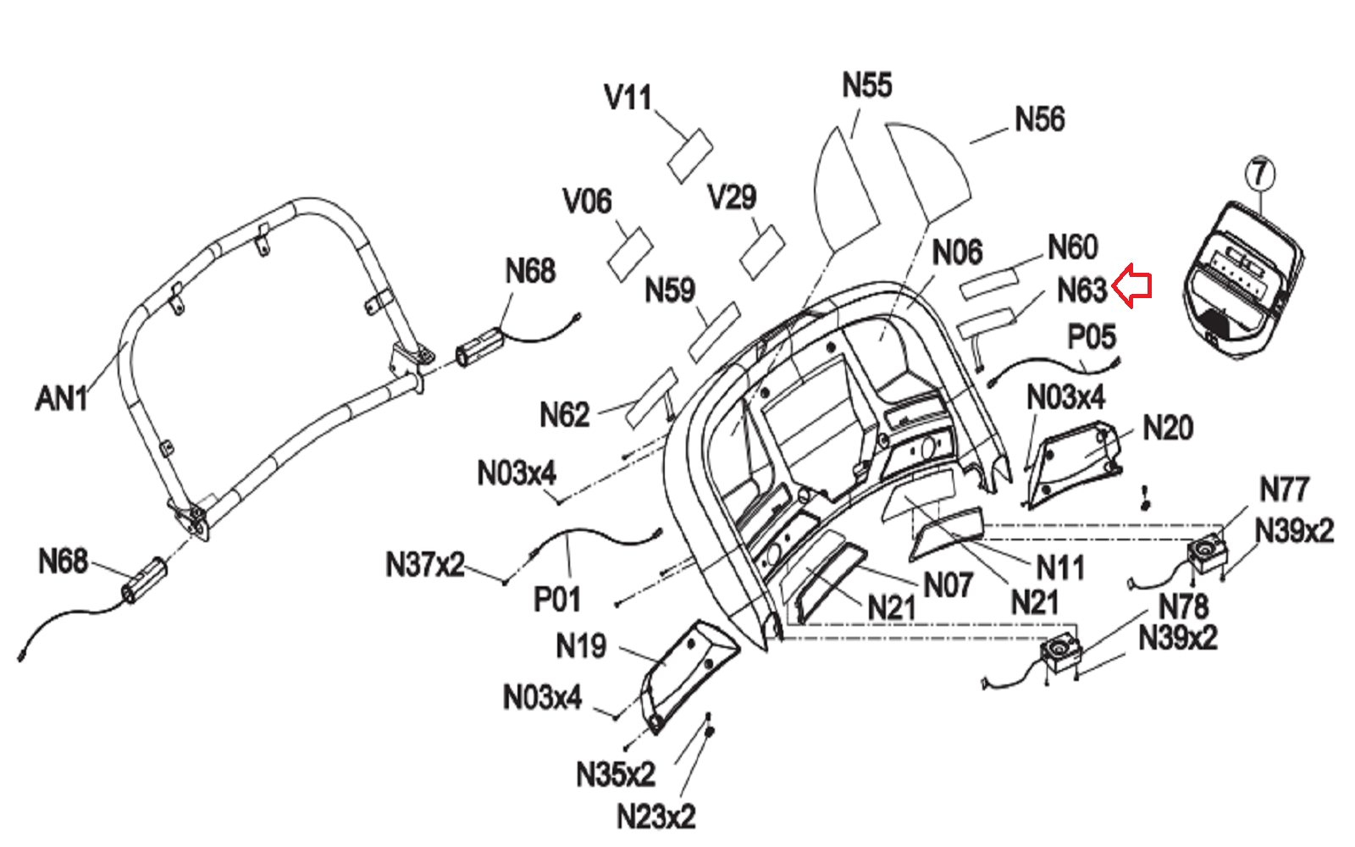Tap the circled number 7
pos(1260,174)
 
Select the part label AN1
pos(62,398)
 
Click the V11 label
pos(628,97)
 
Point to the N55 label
pos(866,86)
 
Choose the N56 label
pos(1039,119)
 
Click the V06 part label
pos(587,202)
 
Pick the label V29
pos(732,197)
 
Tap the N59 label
pos(670,291)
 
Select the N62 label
pos(564,415)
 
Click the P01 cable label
pos(556,600)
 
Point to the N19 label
pos(581,646)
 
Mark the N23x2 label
pos(655,817)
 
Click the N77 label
pos(1284,490)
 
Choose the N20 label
pos(1168,429)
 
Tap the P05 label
pos(1092,337)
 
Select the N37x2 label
pos(425,564)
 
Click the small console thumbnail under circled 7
pos(1242,280)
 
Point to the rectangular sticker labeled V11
pos(690,156)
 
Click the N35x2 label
pos(616,774)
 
